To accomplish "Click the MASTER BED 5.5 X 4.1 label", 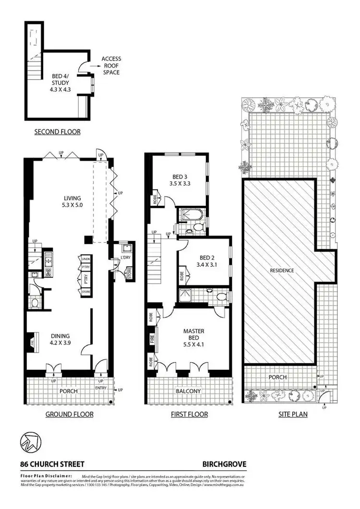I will pos(193,334).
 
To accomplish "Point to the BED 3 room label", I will pos(180,179).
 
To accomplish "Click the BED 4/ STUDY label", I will pos(60,83).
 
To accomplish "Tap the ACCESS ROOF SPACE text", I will pos(111,66).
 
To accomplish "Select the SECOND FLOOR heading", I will pos(57,132).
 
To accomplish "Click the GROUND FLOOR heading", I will pos(69,414).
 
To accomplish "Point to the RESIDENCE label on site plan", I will pos(282,271).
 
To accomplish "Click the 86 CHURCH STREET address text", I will pos(52,464).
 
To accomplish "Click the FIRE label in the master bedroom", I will pos(152,339).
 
